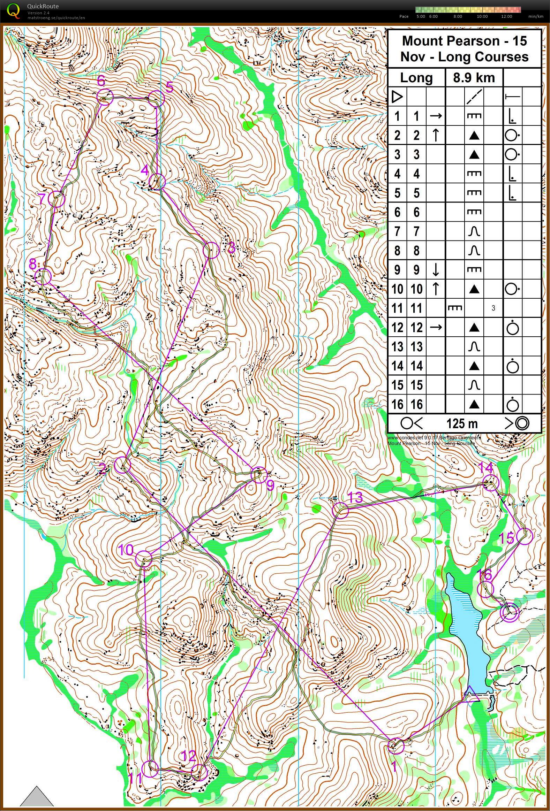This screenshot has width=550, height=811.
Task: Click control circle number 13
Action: [x=340, y=511]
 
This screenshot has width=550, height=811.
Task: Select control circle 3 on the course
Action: [x=211, y=250]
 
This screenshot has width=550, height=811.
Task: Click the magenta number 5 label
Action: [x=169, y=87]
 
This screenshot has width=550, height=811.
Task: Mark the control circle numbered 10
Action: [x=144, y=558]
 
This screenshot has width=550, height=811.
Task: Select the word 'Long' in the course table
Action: [x=416, y=77]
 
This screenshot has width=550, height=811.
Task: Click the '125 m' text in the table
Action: [x=462, y=423]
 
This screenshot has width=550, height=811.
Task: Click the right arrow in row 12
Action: [x=436, y=327]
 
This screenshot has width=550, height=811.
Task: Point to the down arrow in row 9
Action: [x=436, y=270]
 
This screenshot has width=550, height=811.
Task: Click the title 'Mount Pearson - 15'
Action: [x=464, y=41]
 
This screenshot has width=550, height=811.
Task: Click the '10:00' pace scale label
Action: [x=482, y=16]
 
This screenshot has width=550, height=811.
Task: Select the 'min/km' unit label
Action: [x=536, y=16]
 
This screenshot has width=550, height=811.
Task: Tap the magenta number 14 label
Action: [x=485, y=467]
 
